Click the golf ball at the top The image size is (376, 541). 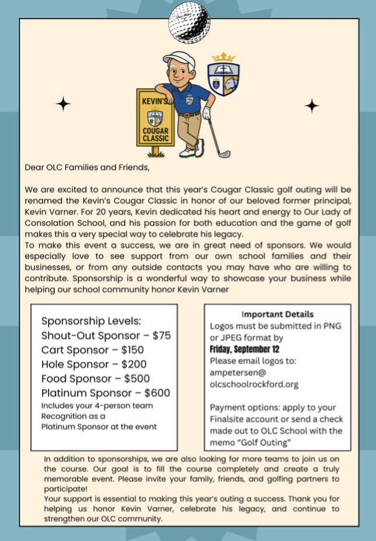(189, 22)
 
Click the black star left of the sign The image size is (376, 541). (63, 104)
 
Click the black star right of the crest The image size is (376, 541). (312, 105)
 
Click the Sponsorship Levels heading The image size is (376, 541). (92, 321)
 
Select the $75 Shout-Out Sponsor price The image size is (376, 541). (162, 336)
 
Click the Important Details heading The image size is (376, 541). (277, 314)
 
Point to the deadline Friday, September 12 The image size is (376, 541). (244, 349)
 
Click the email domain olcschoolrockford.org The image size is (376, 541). (254, 384)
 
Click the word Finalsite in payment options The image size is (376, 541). (227, 419)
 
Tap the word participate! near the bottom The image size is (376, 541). (66, 488)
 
